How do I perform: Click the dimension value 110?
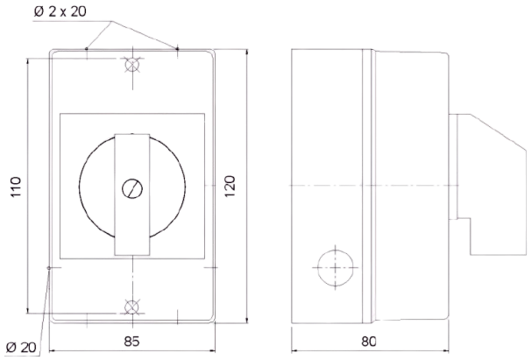point(15,186)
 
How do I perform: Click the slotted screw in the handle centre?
point(131,187)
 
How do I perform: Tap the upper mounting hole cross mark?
point(131,66)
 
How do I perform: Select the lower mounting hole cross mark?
point(131,306)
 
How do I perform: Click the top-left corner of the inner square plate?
point(60,115)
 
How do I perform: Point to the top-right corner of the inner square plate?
point(204,115)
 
